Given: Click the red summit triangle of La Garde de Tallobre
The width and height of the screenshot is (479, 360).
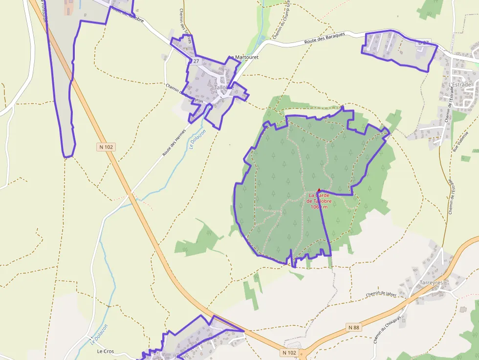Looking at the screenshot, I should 319,190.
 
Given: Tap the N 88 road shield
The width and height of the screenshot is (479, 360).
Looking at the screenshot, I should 354,327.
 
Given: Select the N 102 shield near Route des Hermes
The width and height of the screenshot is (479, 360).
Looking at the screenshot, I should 106,147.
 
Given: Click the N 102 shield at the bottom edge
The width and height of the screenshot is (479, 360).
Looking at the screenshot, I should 289,352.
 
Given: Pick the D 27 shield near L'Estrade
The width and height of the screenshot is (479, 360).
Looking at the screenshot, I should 423,43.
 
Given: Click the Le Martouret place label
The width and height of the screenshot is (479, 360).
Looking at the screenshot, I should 243,57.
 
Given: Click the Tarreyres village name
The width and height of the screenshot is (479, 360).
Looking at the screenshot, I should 431,282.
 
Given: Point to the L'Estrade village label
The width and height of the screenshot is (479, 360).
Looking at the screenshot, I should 459,85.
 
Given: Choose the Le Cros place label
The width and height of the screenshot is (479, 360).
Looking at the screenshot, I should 105,351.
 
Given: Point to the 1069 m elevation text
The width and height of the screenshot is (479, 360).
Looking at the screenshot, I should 319,207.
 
